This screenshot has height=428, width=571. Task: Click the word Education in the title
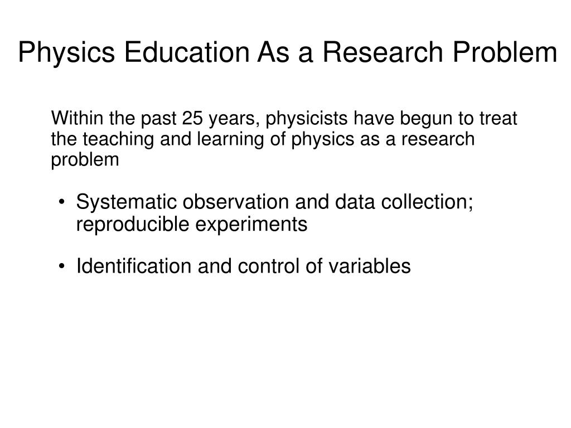pos(187,52)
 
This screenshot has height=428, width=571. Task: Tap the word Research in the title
pos(383,52)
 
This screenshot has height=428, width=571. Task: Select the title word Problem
pos(505,52)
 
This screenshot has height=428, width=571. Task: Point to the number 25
pos(192,118)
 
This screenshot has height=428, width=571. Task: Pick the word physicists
pos(307,119)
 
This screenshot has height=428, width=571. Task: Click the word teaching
pos(118,140)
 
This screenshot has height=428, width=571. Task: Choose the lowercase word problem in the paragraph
pos(85,160)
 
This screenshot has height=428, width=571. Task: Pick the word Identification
pos(134,266)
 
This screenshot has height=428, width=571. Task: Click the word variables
pos(370,266)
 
